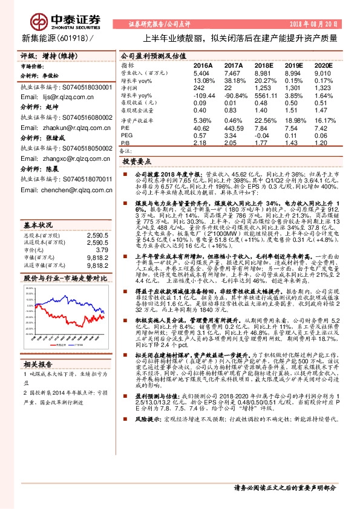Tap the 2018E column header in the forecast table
pos(263,64)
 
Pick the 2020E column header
pos(324,64)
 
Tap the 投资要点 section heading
pos(137,163)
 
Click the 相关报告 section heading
pos(38,381)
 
